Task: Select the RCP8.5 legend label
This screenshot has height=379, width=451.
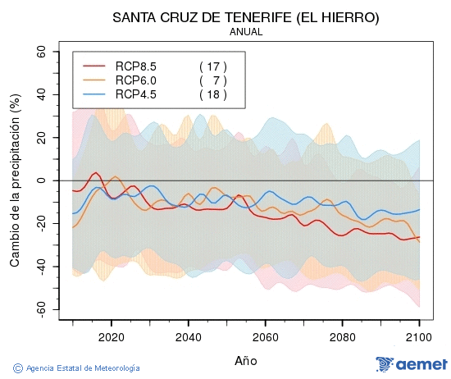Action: tap(136, 66)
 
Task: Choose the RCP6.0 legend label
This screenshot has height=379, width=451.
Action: tap(136, 80)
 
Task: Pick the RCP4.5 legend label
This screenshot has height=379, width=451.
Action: tap(136, 94)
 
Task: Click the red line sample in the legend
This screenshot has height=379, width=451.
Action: tap(95, 66)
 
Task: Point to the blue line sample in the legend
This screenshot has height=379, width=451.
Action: tap(95, 94)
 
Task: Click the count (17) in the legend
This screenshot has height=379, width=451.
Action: tap(212, 66)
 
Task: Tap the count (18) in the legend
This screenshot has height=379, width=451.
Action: tap(212, 94)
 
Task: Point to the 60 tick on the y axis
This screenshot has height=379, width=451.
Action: tap(40, 51)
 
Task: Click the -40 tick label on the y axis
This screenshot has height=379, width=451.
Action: tap(38, 267)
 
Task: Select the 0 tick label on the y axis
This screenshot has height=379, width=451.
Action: tap(43, 180)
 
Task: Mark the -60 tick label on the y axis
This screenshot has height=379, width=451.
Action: tap(38, 309)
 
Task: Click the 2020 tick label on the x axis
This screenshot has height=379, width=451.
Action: tap(111, 336)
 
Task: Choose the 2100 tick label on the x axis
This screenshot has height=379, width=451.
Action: tap(419, 336)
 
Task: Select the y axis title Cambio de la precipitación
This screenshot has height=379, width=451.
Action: tap(14, 180)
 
